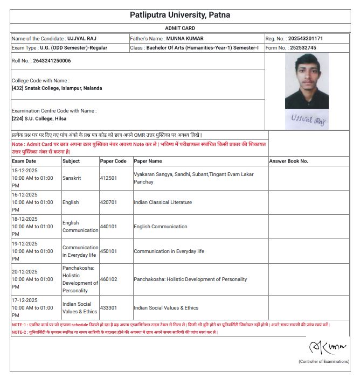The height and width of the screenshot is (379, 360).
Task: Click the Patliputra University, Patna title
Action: (180, 15)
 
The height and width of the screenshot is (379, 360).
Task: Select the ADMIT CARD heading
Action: (180, 28)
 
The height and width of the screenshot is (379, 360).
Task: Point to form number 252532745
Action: (302, 48)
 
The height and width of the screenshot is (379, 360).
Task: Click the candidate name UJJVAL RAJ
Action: (82, 39)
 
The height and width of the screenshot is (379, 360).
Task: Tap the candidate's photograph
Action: (306, 81)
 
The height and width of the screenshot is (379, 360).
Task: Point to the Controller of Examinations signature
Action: (322, 346)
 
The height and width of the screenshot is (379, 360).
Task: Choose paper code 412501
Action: (108, 178)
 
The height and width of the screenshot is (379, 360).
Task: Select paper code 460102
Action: (108, 279)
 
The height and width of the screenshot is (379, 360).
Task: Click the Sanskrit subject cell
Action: (72, 178)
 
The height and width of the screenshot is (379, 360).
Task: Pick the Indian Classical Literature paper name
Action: (163, 202)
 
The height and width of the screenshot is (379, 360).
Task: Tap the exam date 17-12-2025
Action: (25, 300)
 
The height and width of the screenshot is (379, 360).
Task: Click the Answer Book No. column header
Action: (288, 161)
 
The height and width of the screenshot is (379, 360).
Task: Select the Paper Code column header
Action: (113, 161)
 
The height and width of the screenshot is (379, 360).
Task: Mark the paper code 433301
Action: (108, 308)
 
